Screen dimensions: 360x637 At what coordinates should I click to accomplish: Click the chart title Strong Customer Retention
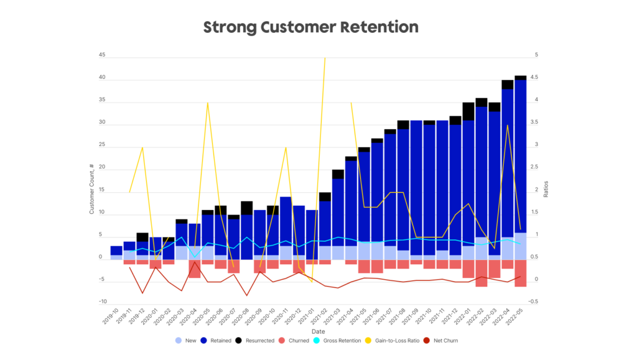[x=311, y=27]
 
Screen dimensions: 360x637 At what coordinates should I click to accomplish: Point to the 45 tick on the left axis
[x=101, y=55]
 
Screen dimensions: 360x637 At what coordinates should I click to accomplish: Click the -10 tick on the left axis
[x=100, y=302]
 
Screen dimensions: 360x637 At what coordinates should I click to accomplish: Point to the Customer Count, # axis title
[x=91, y=189]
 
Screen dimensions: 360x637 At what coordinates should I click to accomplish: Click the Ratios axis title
[x=546, y=189]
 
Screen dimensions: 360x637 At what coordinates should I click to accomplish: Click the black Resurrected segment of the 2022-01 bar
[x=468, y=111]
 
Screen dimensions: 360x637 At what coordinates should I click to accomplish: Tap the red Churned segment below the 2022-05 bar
[x=521, y=273]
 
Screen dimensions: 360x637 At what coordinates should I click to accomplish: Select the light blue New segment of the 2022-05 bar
[x=521, y=246]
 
